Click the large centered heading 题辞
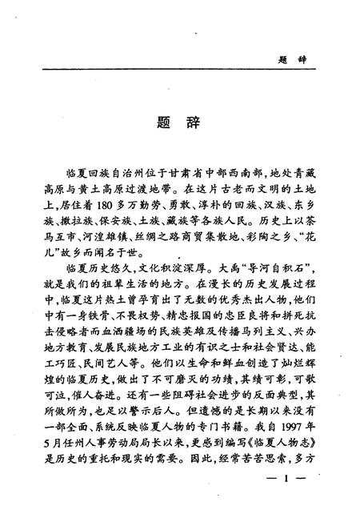pos(179,125)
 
